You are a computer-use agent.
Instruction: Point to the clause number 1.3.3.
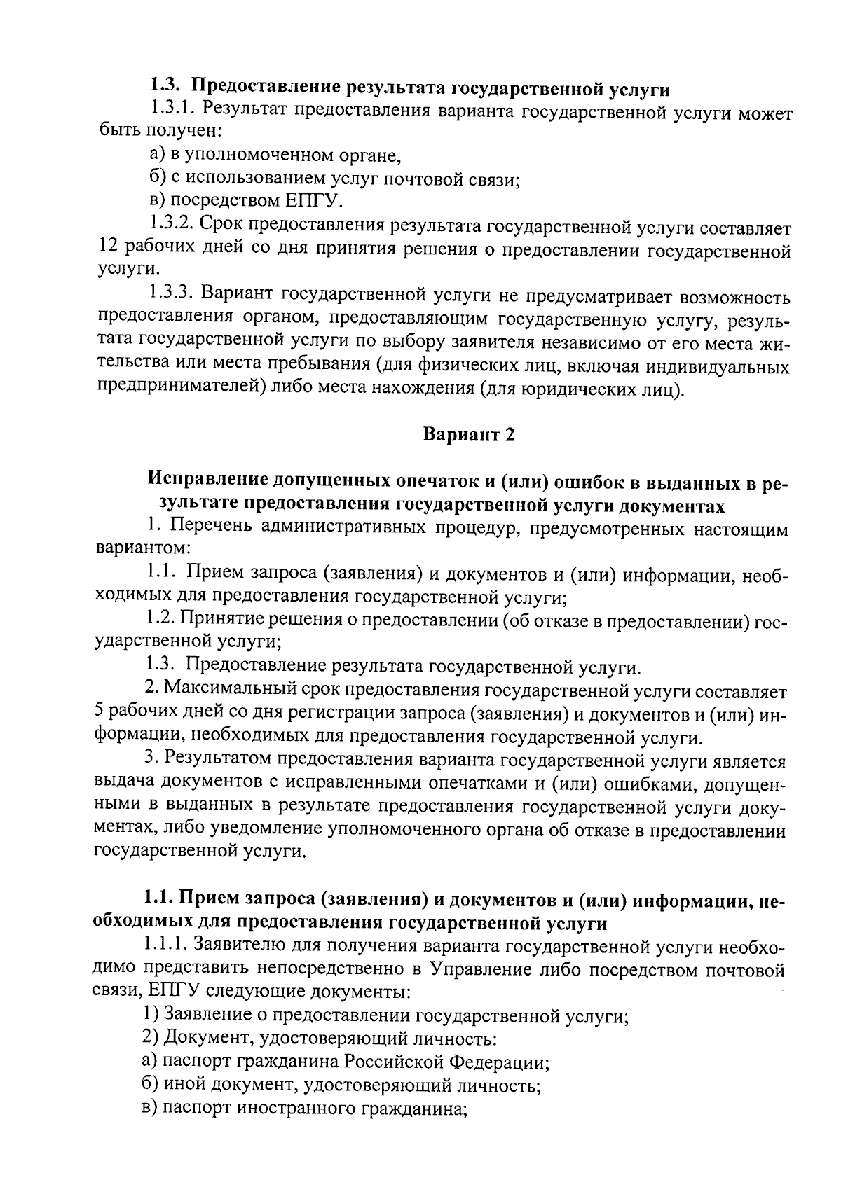[x=172, y=296]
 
